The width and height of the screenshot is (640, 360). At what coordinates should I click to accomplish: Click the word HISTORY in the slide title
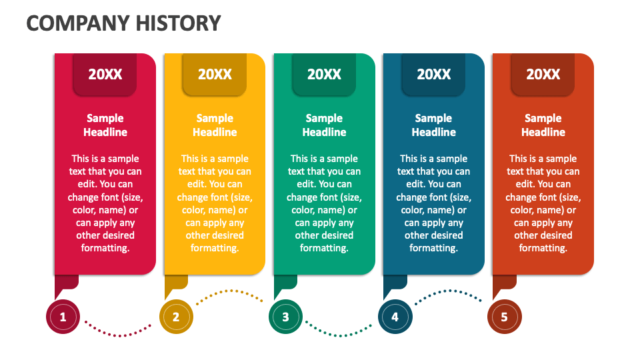pyautogui.click(x=179, y=23)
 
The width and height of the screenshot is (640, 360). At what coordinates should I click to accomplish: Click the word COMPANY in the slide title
pyautogui.click(x=79, y=23)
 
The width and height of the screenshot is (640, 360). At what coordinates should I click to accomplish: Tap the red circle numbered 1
pyautogui.click(x=63, y=317)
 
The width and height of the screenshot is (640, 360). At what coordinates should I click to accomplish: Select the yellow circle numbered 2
pyautogui.click(x=176, y=317)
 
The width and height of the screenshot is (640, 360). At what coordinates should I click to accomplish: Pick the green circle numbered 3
pyautogui.click(x=286, y=317)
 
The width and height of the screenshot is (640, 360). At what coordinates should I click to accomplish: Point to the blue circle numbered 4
pyautogui.click(x=395, y=317)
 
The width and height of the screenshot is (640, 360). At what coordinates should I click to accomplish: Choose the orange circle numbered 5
pyautogui.click(x=505, y=317)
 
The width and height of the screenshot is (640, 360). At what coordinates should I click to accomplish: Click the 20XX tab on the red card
pyautogui.click(x=105, y=74)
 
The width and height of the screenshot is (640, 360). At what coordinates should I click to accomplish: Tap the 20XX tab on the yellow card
pyautogui.click(x=215, y=74)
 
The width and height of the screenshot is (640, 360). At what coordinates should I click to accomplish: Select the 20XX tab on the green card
pyautogui.click(x=324, y=74)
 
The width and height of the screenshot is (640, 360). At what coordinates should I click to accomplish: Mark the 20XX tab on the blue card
pyautogui.click(x=433, y=74)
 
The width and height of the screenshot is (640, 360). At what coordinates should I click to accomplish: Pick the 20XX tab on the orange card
pyautogui.click(x=543, y=74)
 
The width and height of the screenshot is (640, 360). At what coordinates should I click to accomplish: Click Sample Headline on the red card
pyautogui.click(x=105, y=125)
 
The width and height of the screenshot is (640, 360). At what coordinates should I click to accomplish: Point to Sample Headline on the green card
pyautogui.click(x=324, y=125)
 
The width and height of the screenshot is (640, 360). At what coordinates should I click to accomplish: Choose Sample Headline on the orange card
pyautogui.click(x=543, y=125)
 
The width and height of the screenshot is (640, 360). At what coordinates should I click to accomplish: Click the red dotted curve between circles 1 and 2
pyautogui.click(x=119, y=335)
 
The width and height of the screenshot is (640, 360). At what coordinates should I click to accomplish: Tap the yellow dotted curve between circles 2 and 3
pyautogui.click(x=231, y=291)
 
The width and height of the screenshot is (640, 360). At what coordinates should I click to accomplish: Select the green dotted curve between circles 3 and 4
pyautogui.click(x=339, y=335)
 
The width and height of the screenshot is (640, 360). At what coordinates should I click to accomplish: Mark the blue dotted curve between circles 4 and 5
pyautogui.click(x=449, y=291)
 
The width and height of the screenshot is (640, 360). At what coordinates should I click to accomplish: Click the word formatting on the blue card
pyautogui.click(x=433, y=248)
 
